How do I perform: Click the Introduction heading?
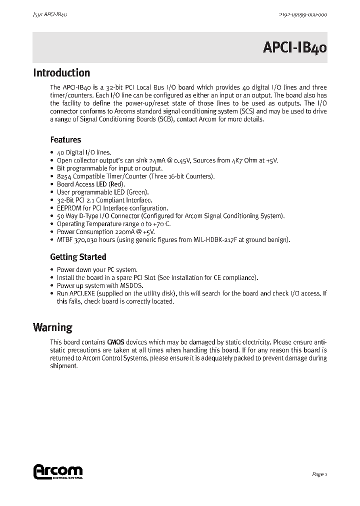(x=61, y=73)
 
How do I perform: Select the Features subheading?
(x=65, y=140)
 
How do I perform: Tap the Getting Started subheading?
(x=78, y=257)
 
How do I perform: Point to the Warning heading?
(x=52, y=327)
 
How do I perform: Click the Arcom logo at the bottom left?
(x=57, y=471)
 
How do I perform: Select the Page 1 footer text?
(x=319, y=474)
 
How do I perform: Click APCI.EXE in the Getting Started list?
(x=82, y=293)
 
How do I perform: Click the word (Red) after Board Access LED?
(x=116, y=184)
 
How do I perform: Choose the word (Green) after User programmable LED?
(x=137, y=192)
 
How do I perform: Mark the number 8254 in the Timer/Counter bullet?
(x=64, y=176)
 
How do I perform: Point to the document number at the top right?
(x=302, y=15)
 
